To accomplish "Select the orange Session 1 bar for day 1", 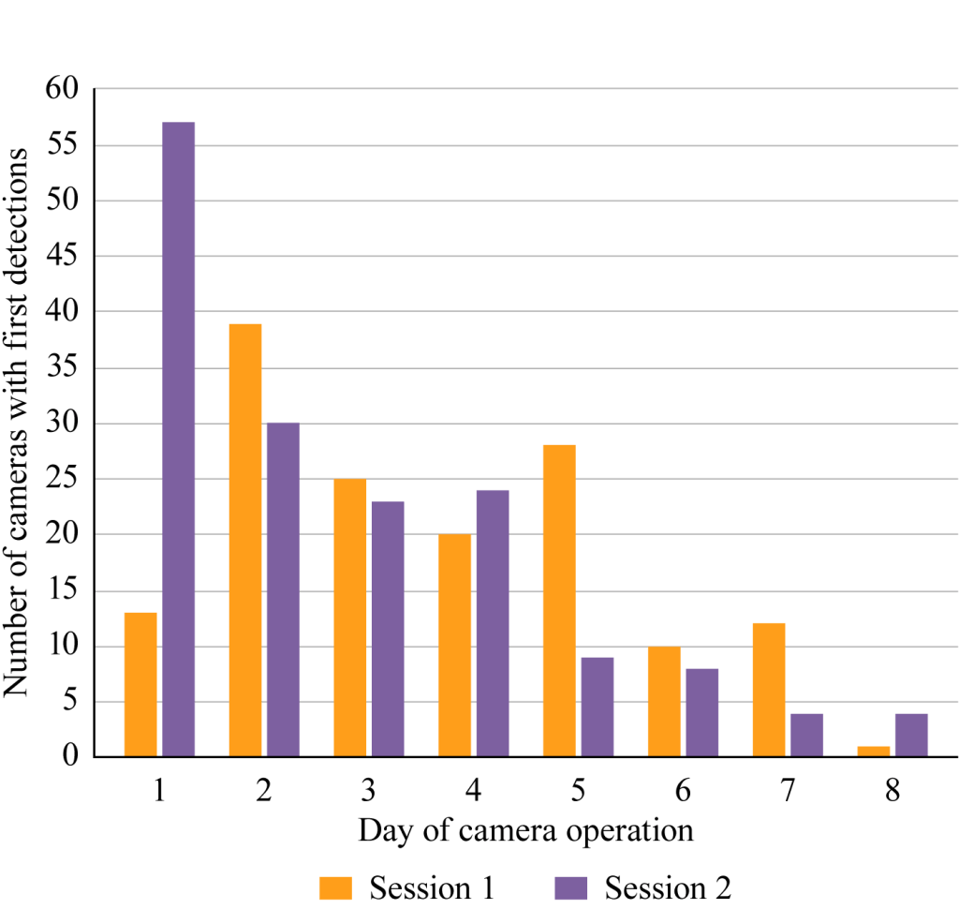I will pyautogui.click(x=140, y=684).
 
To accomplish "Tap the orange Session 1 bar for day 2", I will pyautogui.click(x=245, y=540).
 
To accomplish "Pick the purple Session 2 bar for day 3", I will pyautogui.click(x=388, y=629).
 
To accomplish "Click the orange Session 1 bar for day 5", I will pyautogui.click(x=559, y=601).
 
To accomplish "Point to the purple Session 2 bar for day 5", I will pyautogui.click(x=597, y=707).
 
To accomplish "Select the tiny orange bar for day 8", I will pyautogui.click(x=873, y=752).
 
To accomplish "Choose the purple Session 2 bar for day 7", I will pyautogui.click(x=806, y=735).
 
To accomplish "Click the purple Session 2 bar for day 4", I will pyautogui.click(x=493, y=623).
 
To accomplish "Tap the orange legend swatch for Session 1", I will pyautogui.click(x=336, y=887).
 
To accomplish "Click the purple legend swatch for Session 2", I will pyautogui.click(x=569, y=887).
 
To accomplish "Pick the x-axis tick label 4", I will pyautogui.click(x=473, y=791).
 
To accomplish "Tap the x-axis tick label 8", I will pyautogui.click(x=892, y=791).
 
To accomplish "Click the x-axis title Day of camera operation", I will pyautogui.click(x=525, y=830).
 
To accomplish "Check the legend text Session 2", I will pyautogui.click(x=668, y=887).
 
